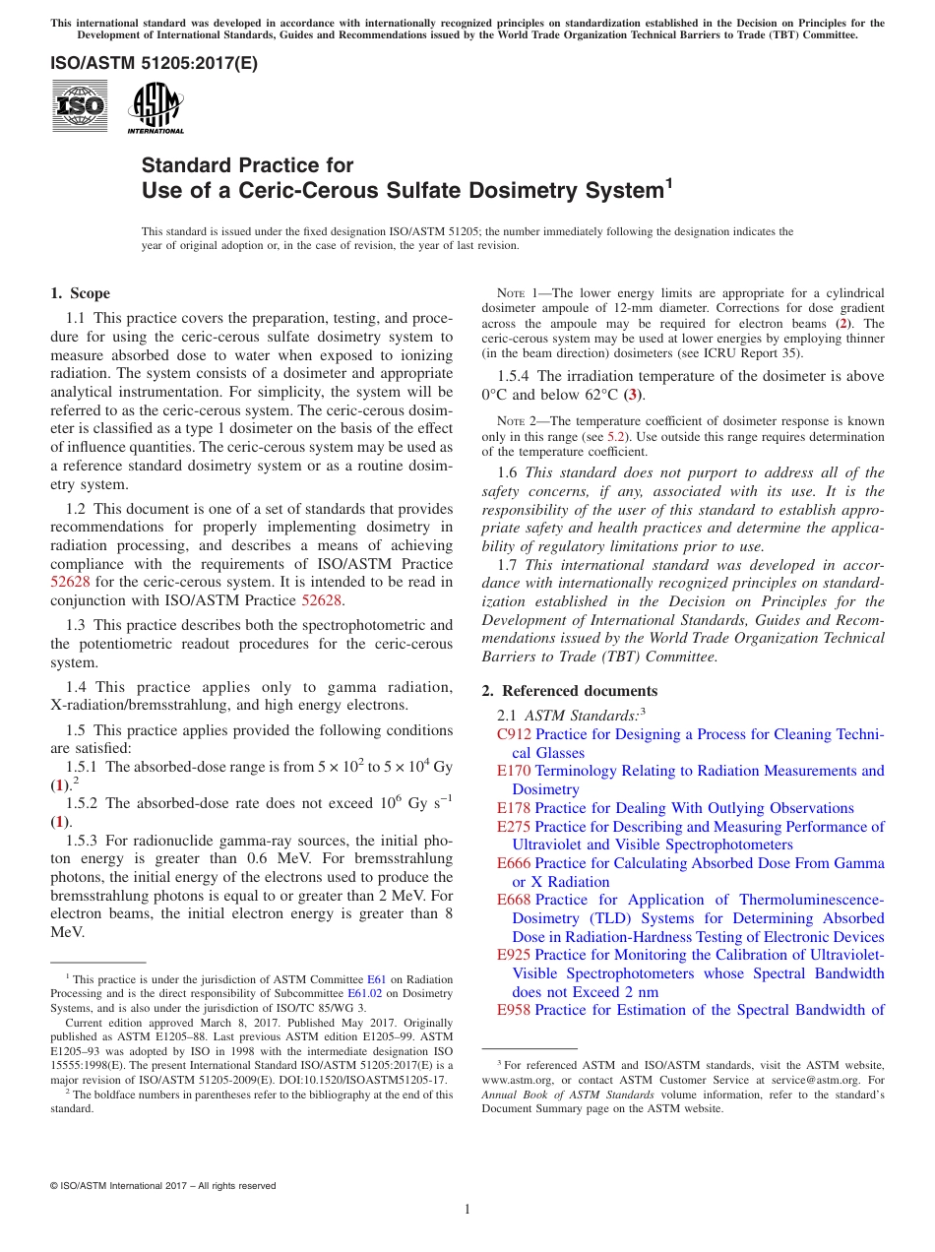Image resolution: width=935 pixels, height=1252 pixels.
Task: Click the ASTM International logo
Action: click(x=155, y=106)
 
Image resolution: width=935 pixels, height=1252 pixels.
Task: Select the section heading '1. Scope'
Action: click(x=80, y=293)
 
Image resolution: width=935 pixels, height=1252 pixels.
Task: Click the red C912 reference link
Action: click(x=514, y=734)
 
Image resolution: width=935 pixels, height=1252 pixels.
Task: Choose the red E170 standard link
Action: click(x=514, y=771)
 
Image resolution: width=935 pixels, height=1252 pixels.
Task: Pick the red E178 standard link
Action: click(x=514, y=808)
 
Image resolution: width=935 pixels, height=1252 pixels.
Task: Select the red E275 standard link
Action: click(x=514, y=827)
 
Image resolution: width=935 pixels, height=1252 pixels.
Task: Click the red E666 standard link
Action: click(x=514, y=863)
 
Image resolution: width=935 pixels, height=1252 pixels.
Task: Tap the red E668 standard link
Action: click(x=514, y=900)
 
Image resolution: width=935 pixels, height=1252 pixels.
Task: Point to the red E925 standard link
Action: click(x=514, y=955)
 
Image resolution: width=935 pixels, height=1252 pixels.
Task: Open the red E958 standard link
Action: click(x=514, y=1010)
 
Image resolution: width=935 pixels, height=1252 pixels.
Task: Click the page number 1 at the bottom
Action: click(x=467, y=1210)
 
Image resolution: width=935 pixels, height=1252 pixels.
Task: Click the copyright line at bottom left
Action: click(x=162, y=1186)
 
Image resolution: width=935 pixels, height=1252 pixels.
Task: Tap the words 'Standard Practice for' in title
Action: click(x=247, y=165)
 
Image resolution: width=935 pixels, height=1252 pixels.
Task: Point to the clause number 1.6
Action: click(x=508, y=472)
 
